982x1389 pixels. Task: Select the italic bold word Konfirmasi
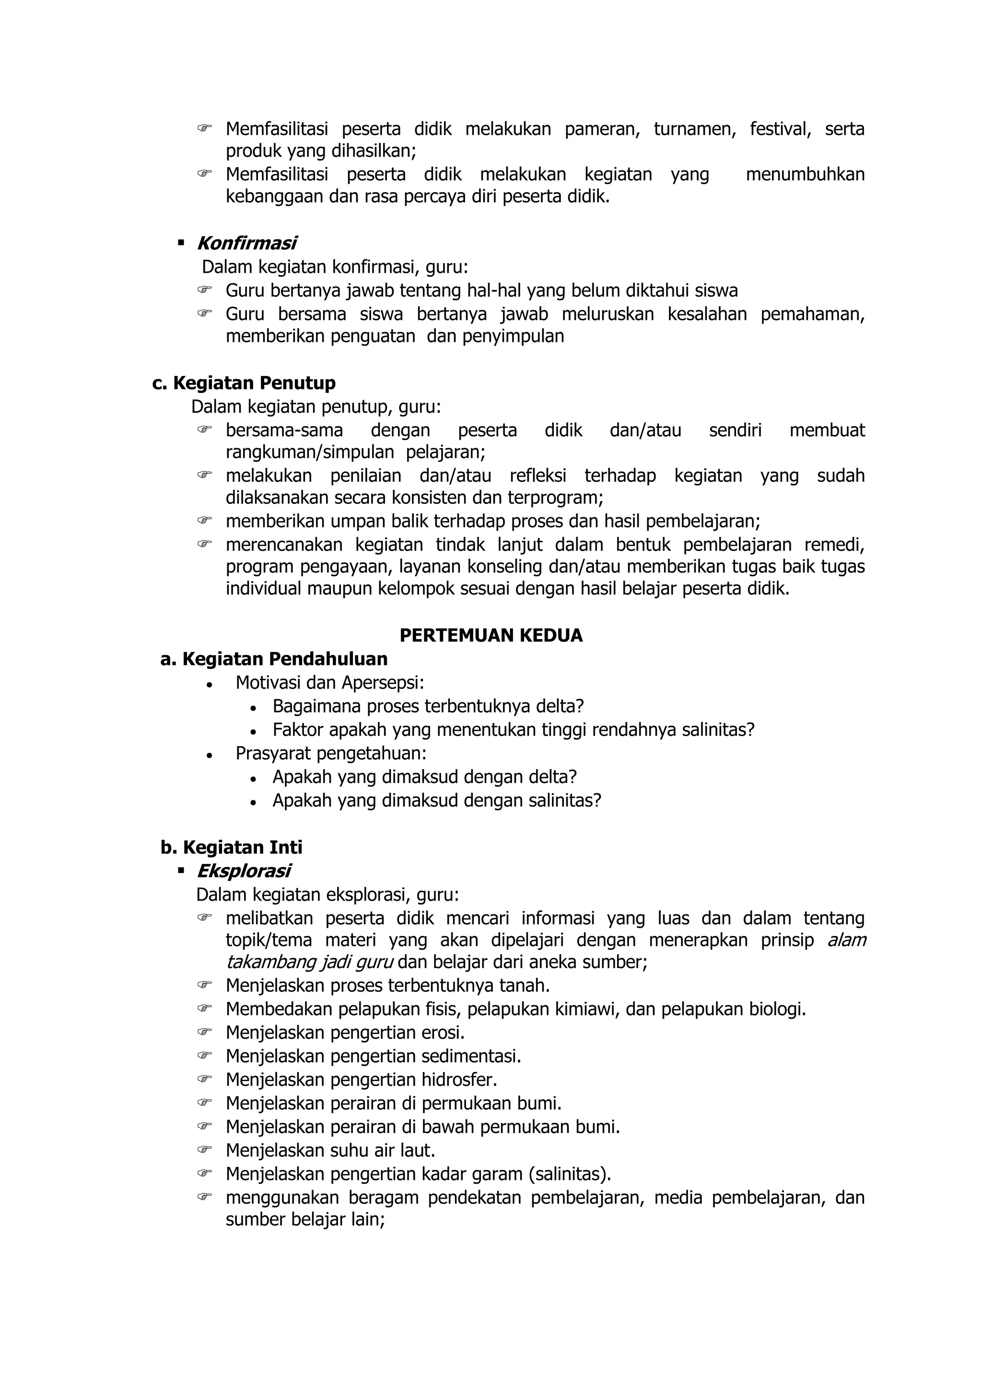(x=246, y=243)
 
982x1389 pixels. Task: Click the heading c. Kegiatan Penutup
(x=244, y=383)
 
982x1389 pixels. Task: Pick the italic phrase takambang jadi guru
(x=310, y=962)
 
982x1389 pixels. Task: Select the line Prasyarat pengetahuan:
(x=331, y=753)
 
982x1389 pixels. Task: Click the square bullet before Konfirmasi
(x=181, y=243)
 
